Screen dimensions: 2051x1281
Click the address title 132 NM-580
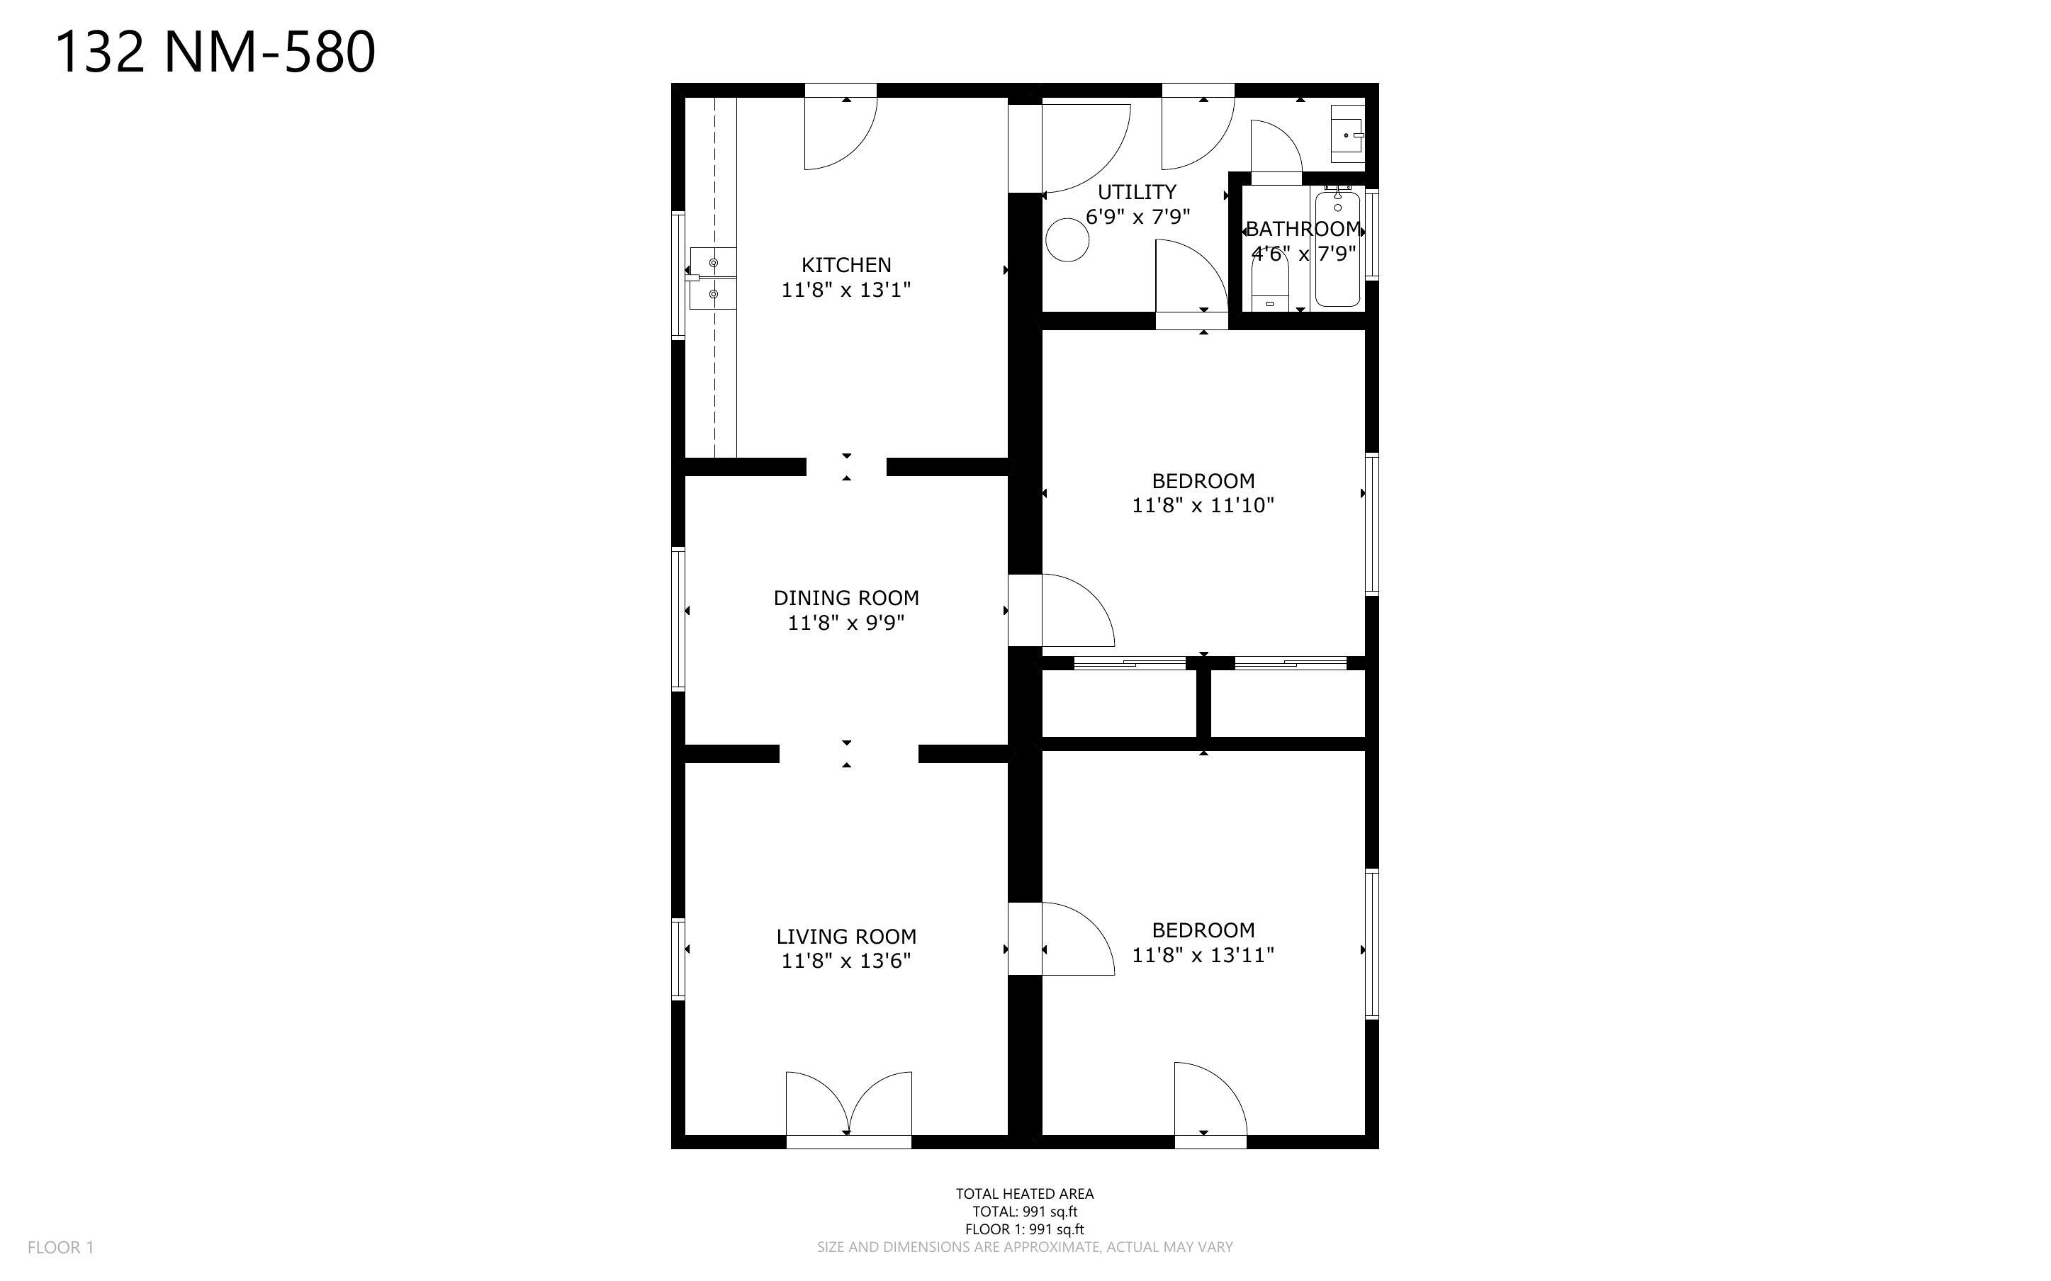tap(215, 52)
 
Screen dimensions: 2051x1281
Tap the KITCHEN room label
tap(846, 265)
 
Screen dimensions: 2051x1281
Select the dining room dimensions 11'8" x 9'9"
tap(846, 623)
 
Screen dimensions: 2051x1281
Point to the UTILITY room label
tap(1137, 192)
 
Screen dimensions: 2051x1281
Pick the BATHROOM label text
tap(1303, 229)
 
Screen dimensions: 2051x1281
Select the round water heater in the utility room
tap(1067, 239)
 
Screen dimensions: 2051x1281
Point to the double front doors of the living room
tap(849, 1108)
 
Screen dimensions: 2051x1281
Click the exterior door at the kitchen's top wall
tap(841, 127)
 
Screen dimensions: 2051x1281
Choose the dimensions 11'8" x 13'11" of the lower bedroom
tap(1203, 955)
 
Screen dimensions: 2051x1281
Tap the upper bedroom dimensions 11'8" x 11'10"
tap(1203, 506)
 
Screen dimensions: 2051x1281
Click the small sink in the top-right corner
tap(1347, 135)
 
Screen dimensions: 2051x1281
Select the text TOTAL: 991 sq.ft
tap(1025, 1212)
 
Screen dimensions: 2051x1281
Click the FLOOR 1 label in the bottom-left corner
tap(61, 1247)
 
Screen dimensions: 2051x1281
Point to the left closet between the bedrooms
tap(1119, 703)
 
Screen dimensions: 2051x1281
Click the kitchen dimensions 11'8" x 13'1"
tap(846, 290)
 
